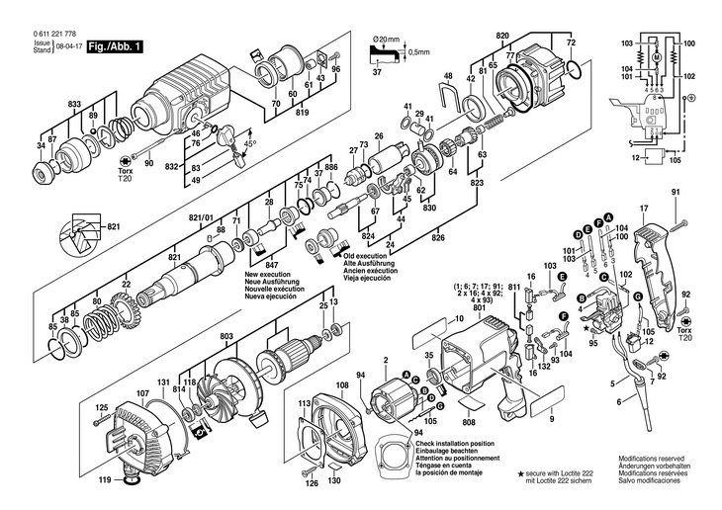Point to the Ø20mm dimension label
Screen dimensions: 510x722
(387, 40)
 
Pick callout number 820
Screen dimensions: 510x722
(502, 35)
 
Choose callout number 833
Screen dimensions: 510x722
(47, 104)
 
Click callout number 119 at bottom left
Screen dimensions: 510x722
(103, 480)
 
